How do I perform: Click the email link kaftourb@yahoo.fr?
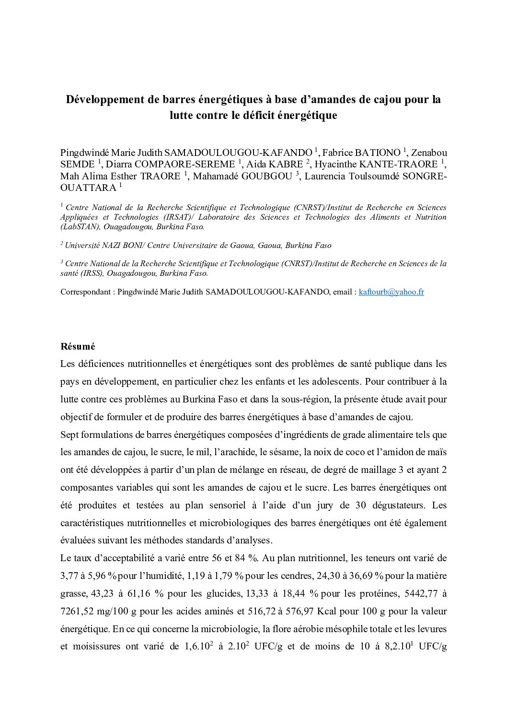(x=391, y=292)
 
